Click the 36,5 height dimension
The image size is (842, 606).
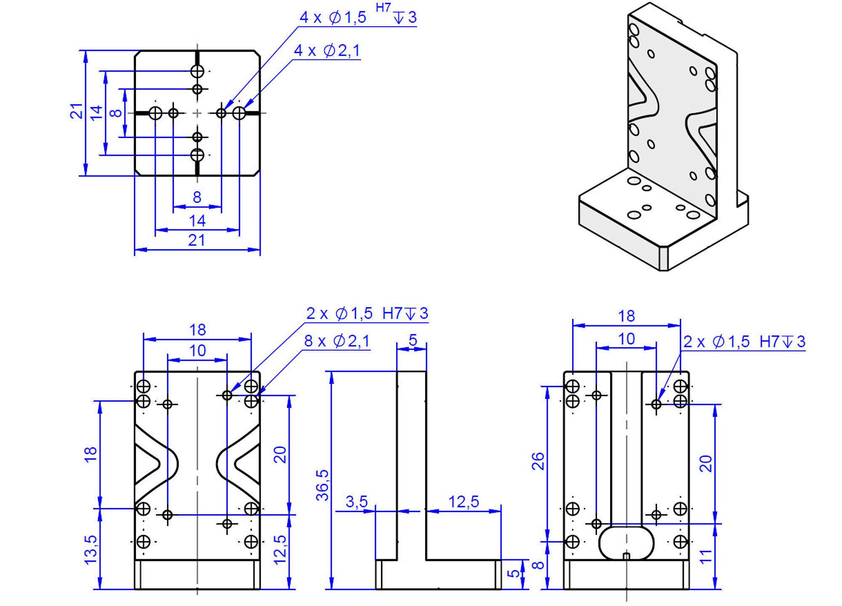click(322, 485)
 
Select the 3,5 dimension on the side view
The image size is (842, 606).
click(357, 502)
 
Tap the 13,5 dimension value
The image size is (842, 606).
click(91, 550)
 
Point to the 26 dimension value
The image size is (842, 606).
click(538, 461)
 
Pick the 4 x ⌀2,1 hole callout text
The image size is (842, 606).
click(327, 51)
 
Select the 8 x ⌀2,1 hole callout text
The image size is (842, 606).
click(337, 341)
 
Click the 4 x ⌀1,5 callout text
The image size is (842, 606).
click(333, 18)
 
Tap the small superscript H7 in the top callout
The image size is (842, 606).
click(383, 8)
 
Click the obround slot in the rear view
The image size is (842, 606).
click(626, 542)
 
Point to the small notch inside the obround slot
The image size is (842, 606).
click(626, 556)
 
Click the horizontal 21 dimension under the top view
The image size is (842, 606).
click(197, 240)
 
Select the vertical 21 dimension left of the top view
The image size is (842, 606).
click(76, 111)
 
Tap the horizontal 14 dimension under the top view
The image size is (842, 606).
click(197, 221)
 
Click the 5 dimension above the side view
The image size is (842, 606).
click(413, 340)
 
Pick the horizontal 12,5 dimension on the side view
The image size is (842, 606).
click(463, 502)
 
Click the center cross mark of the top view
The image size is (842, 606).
click(197, 113)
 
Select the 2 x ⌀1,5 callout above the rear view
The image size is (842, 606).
click(744, 342)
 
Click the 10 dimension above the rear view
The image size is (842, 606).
click(626, 339)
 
